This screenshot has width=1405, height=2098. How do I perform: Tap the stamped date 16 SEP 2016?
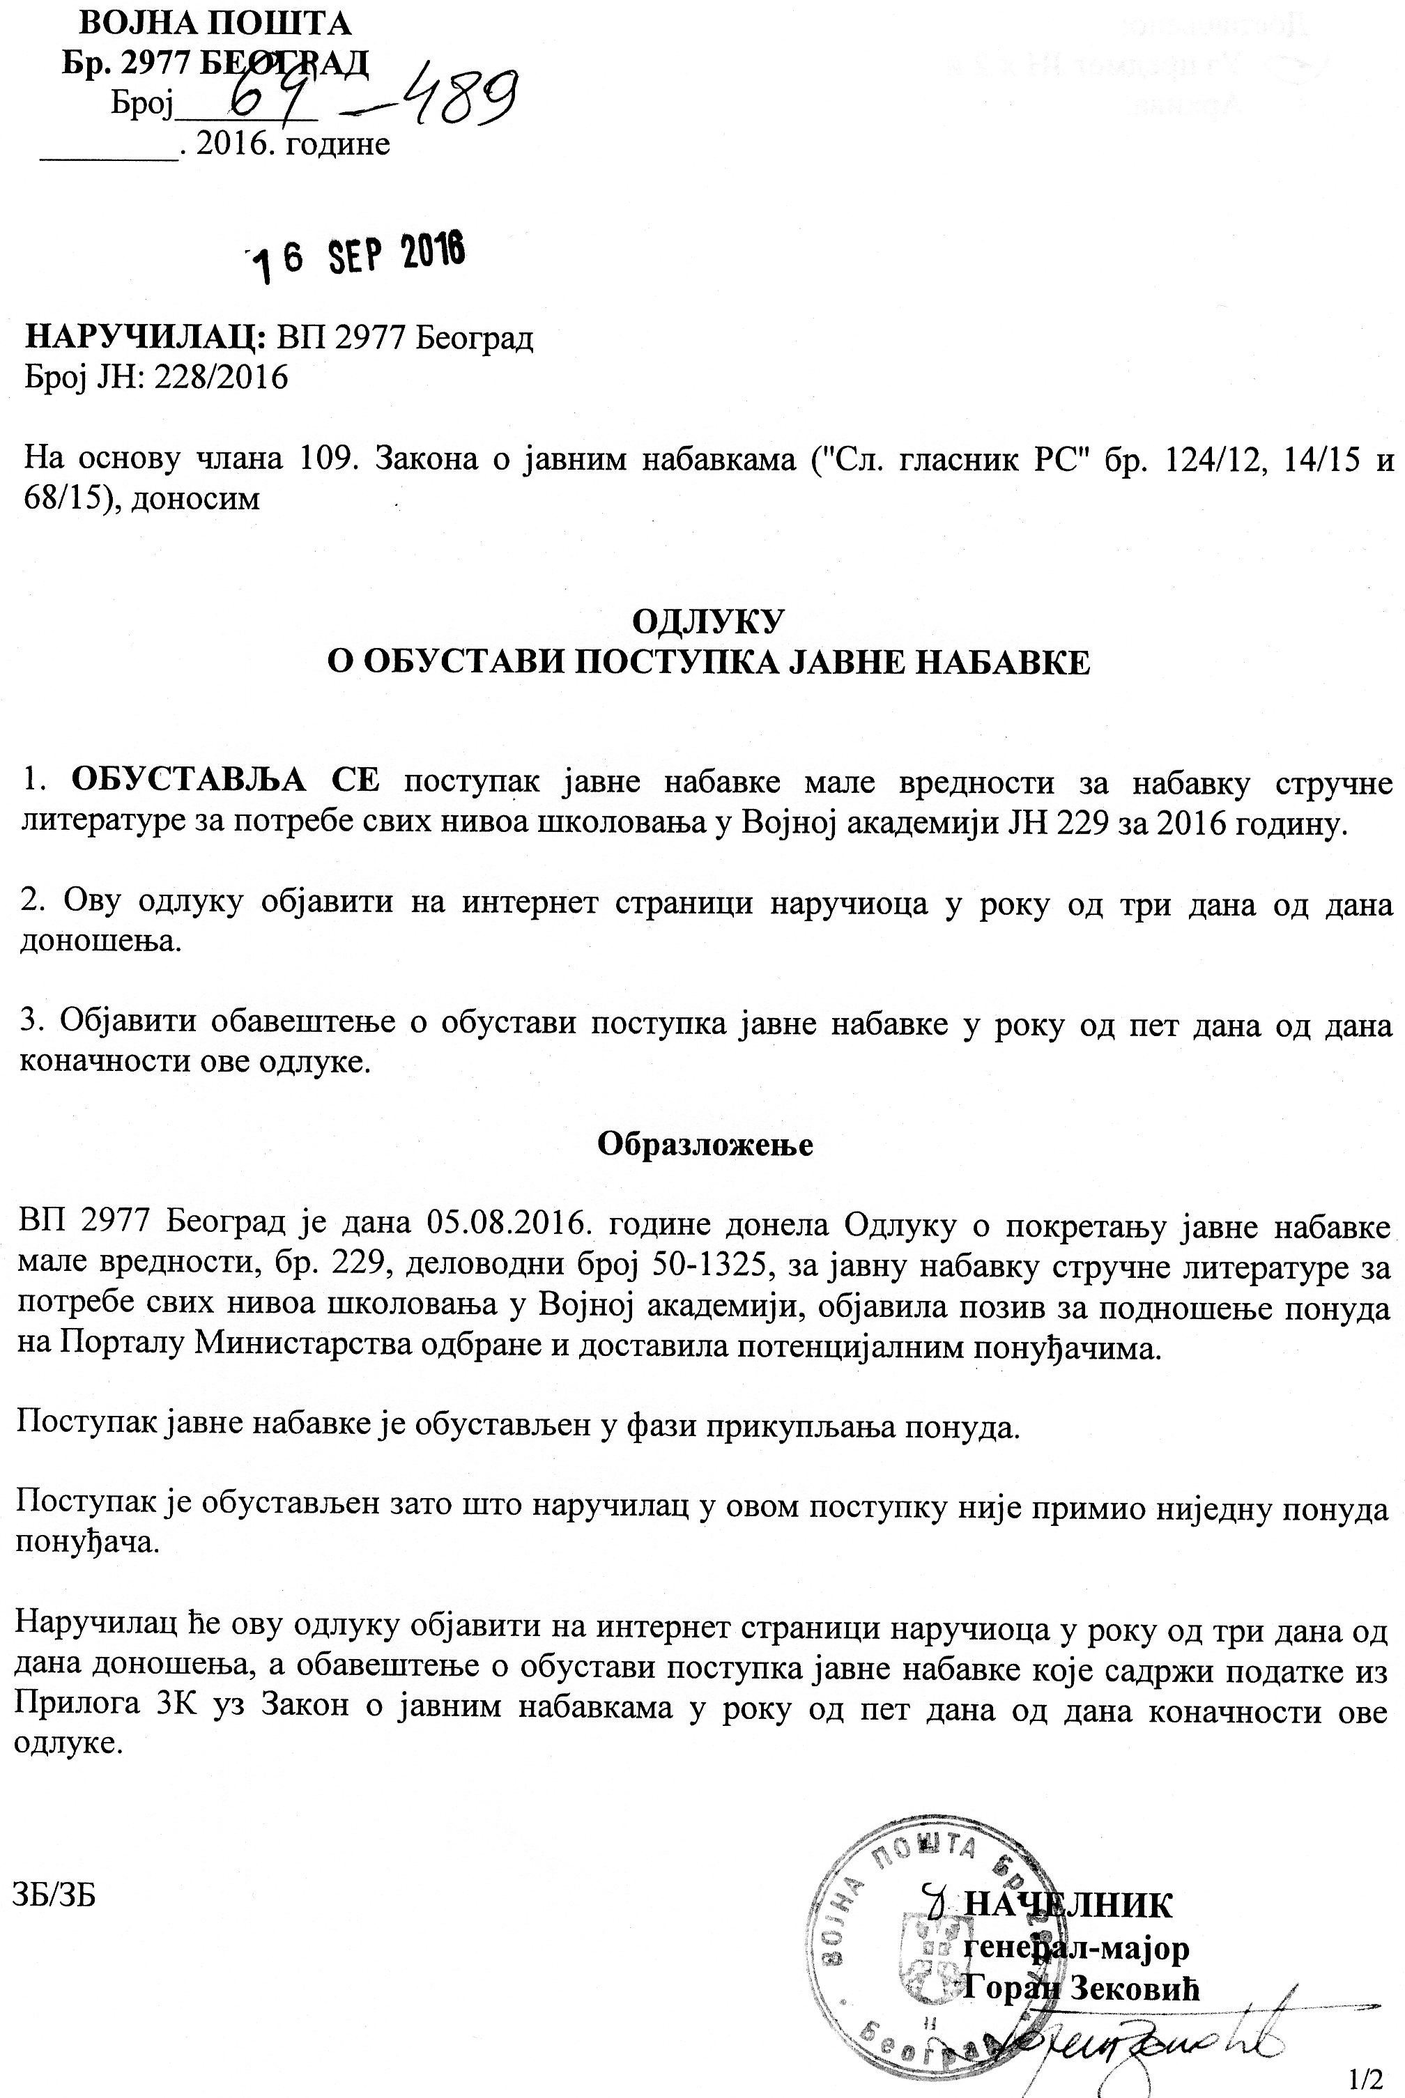pyautogui.click(x=358, y=254)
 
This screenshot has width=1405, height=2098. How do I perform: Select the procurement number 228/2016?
pyautogui.click(x=222, y=377)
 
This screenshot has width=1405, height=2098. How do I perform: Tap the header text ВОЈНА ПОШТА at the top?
pyautogui.click(x=204, y=22)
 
